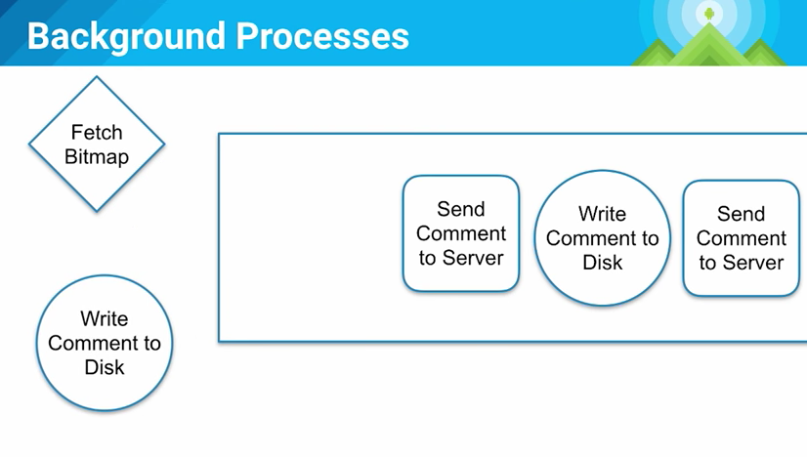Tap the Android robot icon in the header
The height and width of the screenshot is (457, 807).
click(707, 14)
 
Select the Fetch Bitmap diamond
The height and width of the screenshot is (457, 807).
click(97, 144)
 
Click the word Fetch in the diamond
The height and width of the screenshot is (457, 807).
click(97, 132)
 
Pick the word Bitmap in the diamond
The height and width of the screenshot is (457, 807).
click(97, 156)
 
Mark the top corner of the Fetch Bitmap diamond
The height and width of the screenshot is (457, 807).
click(97, 78)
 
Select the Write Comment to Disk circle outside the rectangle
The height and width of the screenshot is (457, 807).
click(105, 343)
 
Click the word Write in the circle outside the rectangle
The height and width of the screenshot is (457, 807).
click(105, 318)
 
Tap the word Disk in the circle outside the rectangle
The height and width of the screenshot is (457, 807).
click(105, 367)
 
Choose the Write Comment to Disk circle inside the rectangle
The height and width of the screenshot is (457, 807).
click(603, 237)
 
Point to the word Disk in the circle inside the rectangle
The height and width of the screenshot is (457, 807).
click(603, 263)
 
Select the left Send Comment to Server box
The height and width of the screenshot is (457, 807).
click(461, 233)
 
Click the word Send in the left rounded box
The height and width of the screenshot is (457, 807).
click(461, 209)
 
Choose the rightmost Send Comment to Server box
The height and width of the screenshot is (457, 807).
click(742, 238)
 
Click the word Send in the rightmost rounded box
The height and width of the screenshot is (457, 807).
click(742, 214)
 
